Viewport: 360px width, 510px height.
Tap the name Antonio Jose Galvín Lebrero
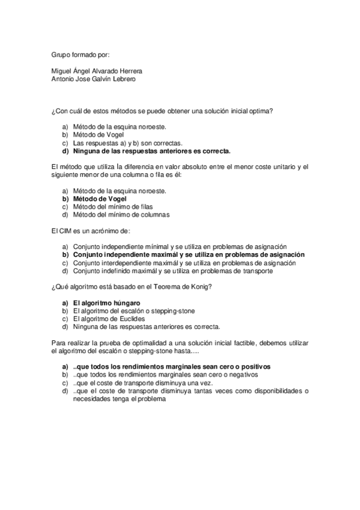[94, 79]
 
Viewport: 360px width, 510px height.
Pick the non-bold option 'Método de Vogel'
[100, 135]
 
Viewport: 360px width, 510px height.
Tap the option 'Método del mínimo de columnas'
[121, 215]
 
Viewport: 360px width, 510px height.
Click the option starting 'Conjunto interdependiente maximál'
[184, 263]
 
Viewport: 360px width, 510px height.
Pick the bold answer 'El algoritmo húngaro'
[106, 303]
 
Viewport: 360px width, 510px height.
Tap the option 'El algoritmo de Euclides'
[109, 319]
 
